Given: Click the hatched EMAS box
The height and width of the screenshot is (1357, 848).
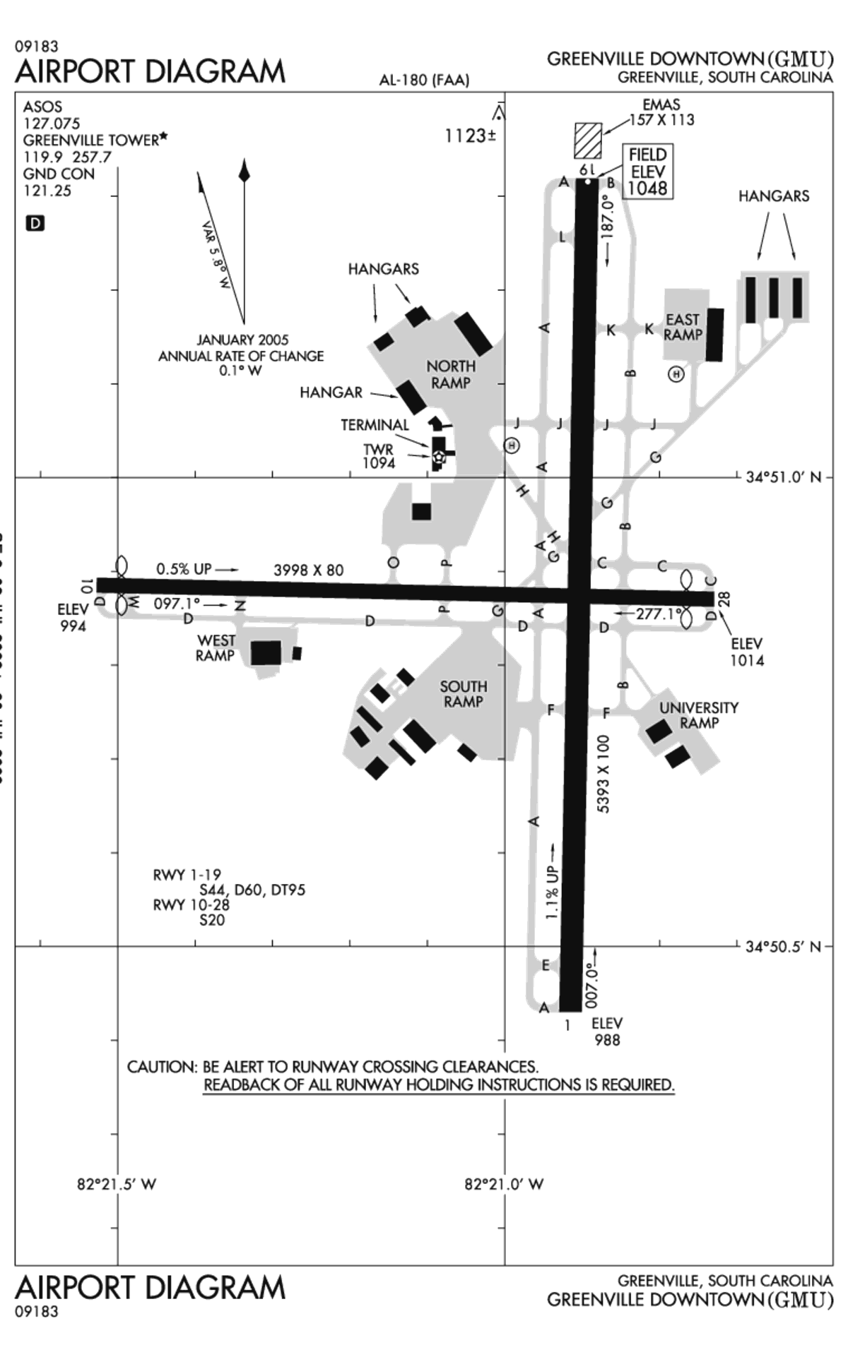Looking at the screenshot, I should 587,141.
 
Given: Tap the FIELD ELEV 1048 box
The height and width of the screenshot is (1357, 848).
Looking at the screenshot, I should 647,172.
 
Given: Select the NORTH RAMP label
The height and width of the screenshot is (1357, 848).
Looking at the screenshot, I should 451,375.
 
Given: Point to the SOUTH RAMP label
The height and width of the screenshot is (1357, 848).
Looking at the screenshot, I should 463,694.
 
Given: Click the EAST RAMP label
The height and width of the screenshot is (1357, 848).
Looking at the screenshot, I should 683,328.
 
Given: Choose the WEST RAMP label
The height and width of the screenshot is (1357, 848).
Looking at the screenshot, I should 216,648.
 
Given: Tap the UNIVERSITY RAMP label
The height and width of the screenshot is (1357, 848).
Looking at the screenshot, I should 698,715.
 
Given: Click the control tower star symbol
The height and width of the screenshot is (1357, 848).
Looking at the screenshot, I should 439,458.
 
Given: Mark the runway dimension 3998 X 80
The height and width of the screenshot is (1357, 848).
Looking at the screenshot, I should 308,570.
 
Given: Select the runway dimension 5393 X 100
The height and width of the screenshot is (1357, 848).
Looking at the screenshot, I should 603,774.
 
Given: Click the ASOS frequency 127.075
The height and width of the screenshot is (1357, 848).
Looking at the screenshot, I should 52,124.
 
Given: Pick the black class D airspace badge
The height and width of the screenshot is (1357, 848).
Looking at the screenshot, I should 35,224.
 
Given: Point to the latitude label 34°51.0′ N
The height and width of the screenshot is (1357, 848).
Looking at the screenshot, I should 784,477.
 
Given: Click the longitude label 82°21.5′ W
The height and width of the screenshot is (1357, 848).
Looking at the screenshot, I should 117,1184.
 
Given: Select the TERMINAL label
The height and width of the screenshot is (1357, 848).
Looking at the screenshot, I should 375,425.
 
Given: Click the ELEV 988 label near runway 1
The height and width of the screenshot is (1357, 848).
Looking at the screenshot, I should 607,1032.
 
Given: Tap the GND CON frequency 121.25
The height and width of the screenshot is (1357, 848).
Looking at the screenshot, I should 47,191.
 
